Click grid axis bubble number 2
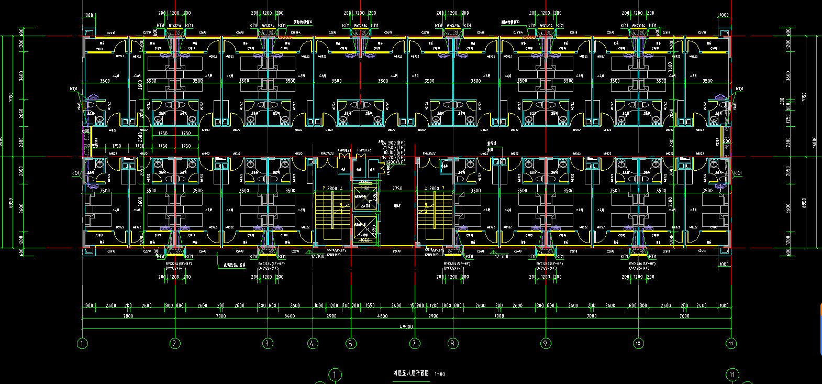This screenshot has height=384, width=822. [x=174, y=344]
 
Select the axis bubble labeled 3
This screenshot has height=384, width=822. [x=267, y=344]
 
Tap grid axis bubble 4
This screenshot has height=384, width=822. [x=313, y=344]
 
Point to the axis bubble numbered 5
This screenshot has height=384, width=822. [x=351, y=344]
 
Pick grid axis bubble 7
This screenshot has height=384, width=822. [x=415, y=344]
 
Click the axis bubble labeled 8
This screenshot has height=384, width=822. [x=452, y=344]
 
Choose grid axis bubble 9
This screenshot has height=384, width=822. [x=546, y=344]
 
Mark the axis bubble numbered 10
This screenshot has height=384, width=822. [x=638, y=344]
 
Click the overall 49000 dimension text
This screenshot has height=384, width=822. [x=406, y=326]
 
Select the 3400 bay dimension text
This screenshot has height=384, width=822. [x=290, y=316]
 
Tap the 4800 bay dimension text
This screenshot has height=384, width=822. [x=383, y=316]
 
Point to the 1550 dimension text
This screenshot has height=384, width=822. [x=370, y=305]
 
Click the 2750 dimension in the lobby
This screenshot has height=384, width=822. [x=397, y=189]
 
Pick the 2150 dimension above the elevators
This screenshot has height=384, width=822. [x=365, y=189]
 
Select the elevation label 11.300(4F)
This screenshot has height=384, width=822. [x=394, y=162]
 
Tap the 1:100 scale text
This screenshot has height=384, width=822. [x=440, y=374]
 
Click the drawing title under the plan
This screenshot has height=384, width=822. [x=411, y=374]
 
